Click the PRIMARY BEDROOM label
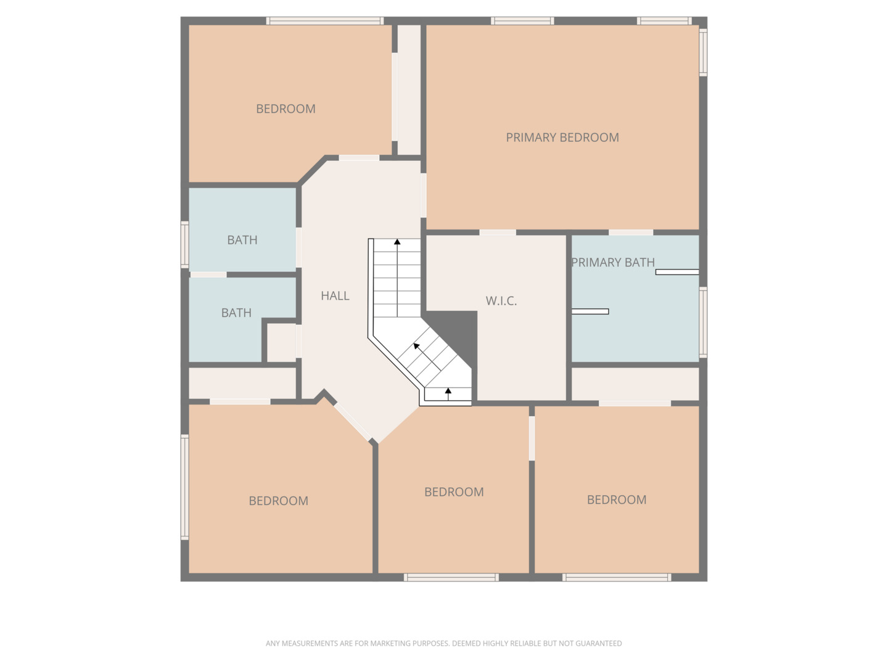coord(562,138)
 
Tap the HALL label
coord(335,295)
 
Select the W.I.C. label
coord(501,301)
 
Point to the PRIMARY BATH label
coord(612,263)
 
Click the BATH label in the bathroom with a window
coord(242,240)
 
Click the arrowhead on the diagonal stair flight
coord(416,346)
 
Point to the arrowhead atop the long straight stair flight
coord(397,242)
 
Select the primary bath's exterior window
coord(704,323)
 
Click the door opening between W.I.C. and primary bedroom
coord(498,232)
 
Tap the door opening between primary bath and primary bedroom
coord(631,232)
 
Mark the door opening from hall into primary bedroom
coord(423,195)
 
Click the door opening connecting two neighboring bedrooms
coord(532,438)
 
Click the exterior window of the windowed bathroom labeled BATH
coord(184,245)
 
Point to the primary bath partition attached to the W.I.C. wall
coord(590,311)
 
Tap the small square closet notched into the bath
coord(282,342)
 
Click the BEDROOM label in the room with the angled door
coord(278,501)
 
